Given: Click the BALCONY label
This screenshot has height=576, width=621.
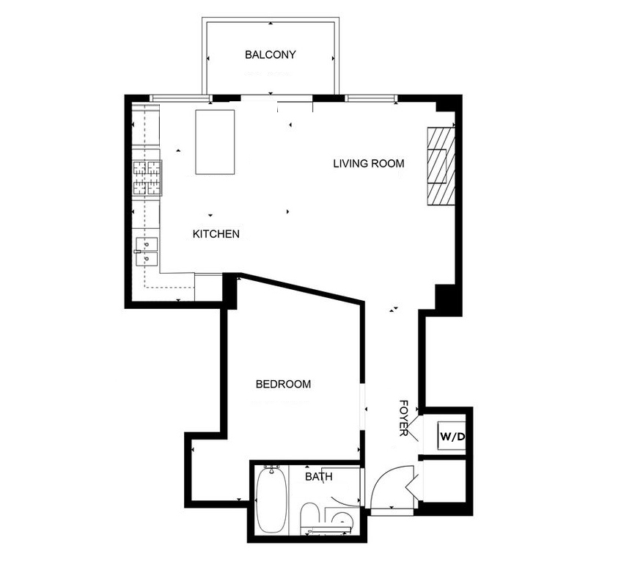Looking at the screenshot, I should pyautogui.click(x=271, y=55).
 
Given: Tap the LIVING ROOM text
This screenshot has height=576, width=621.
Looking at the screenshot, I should pyautogui.click(x=368, y=164).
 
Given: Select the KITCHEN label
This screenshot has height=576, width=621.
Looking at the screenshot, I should pyautogui.click(x=216, y=235).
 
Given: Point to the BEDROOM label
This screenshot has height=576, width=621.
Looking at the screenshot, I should pyautogui.click(x=283, y=384).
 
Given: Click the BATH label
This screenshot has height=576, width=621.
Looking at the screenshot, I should pyautogui.click(x=319, y=477).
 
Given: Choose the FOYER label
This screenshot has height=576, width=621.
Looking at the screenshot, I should pyautogui.click(x=403, y=418).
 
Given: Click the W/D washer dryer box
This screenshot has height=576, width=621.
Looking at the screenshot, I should pyautogui.click(x=452, y=437).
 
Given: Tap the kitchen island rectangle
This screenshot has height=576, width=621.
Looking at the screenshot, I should pyautogui.click(x=215, y=142).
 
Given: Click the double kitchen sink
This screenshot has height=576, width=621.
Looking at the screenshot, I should pyautogui.click(x=147, y=251).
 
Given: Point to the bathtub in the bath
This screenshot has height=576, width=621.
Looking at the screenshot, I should pyautogui.click(x=272, y=503).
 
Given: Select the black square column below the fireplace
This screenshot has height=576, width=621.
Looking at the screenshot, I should pyautogui.click(x=446, y=297).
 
